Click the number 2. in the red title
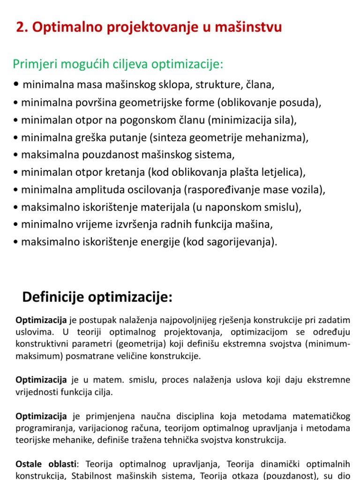[21, 28]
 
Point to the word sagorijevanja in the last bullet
[245, 242]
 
